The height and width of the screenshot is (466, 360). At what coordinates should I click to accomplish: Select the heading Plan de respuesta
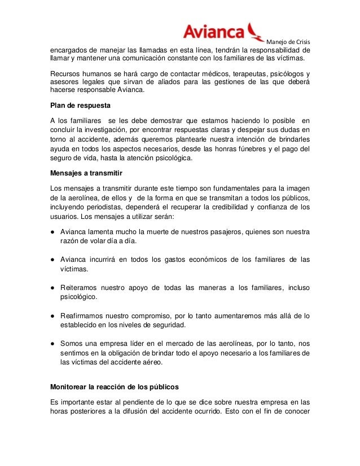coord(80,105)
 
